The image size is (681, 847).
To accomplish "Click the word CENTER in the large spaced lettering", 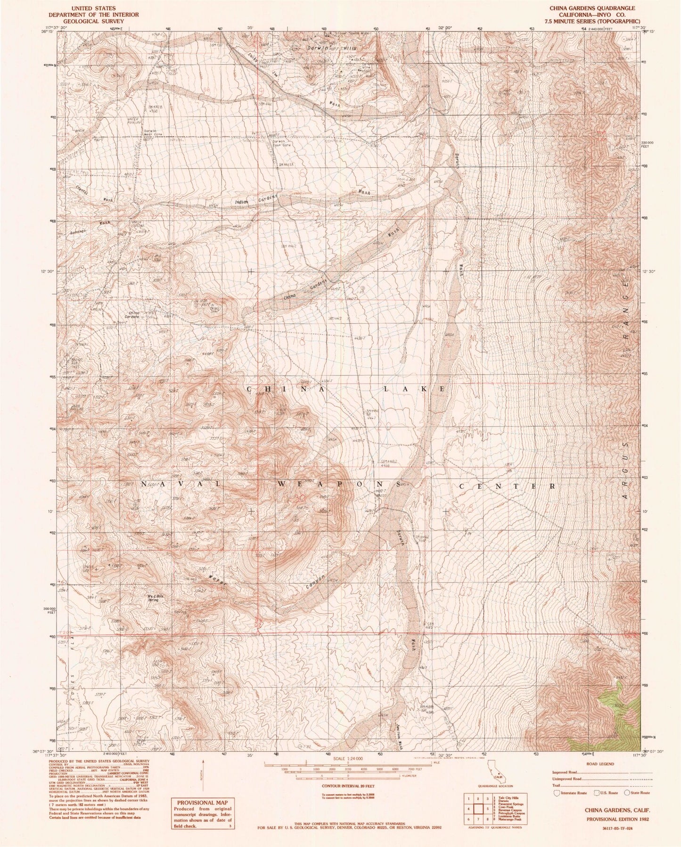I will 506,485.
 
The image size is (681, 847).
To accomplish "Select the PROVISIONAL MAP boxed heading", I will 202,803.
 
